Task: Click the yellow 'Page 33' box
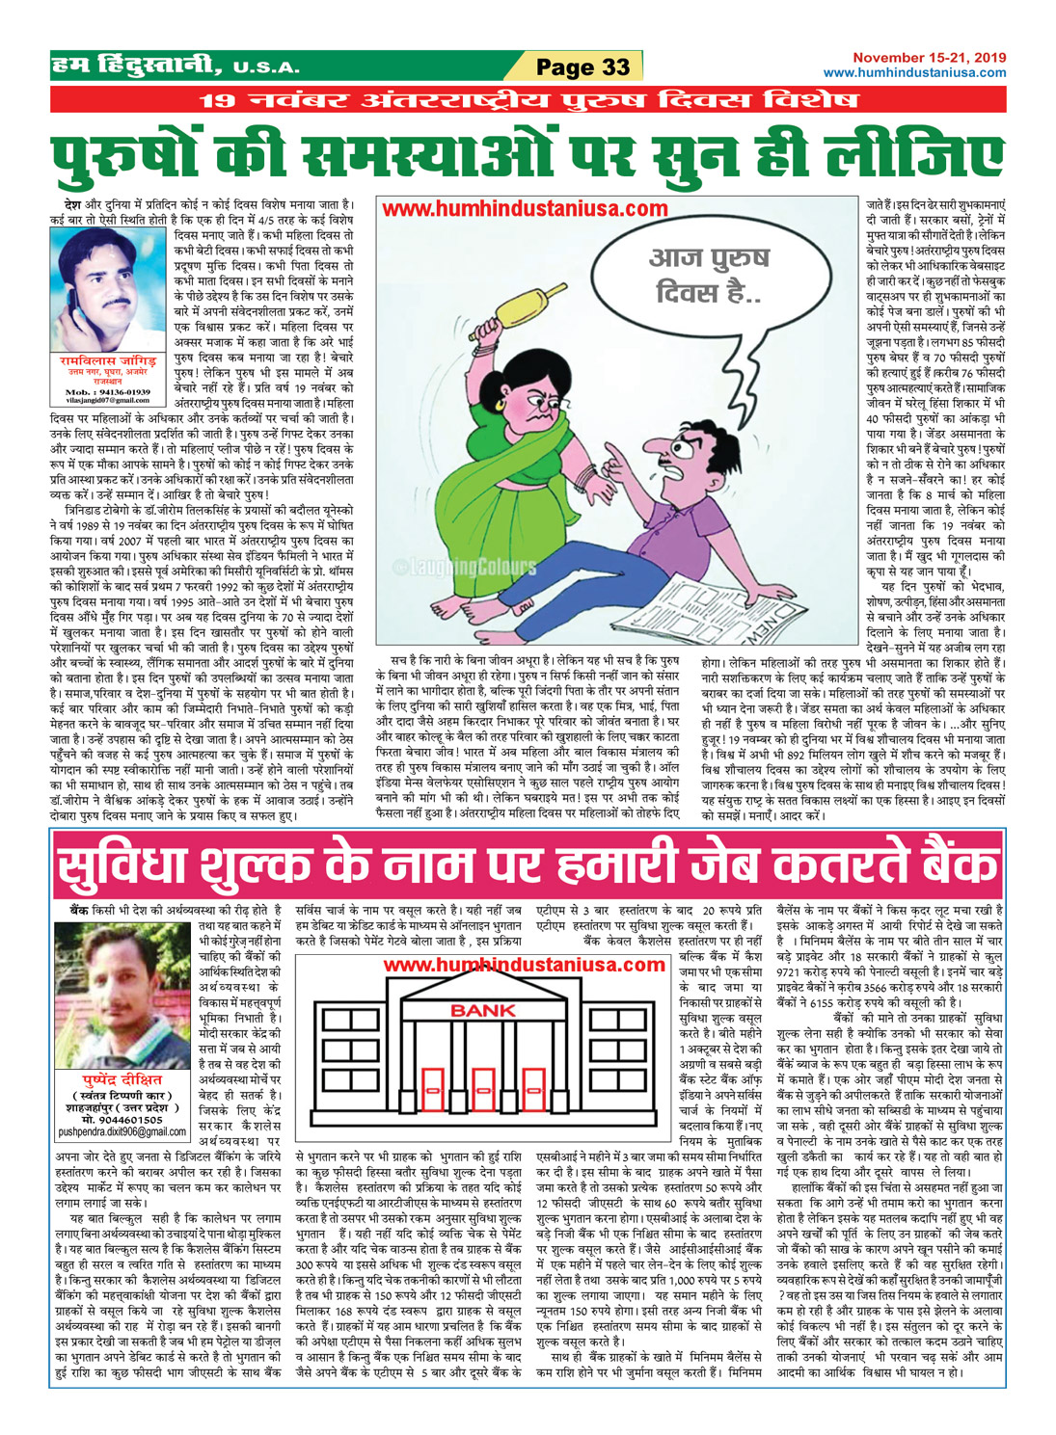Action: click(582, 66)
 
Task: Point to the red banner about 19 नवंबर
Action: click(528, 100)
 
